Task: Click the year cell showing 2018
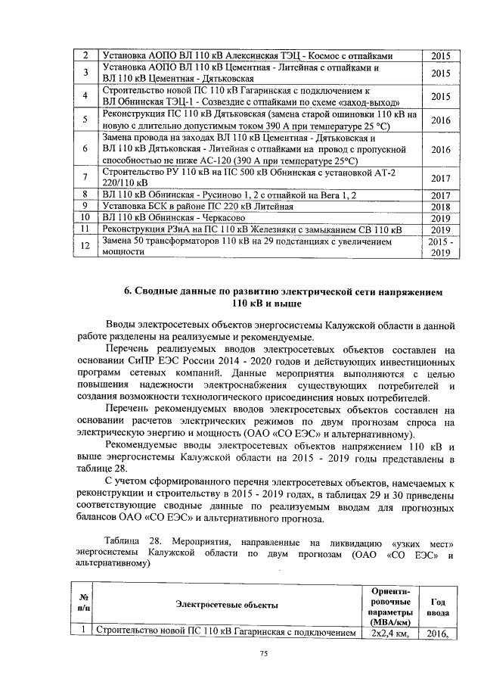pos(440,206)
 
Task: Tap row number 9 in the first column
pos(86,206)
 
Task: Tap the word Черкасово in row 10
pos(231,217)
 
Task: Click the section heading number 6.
pos(126,291)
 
